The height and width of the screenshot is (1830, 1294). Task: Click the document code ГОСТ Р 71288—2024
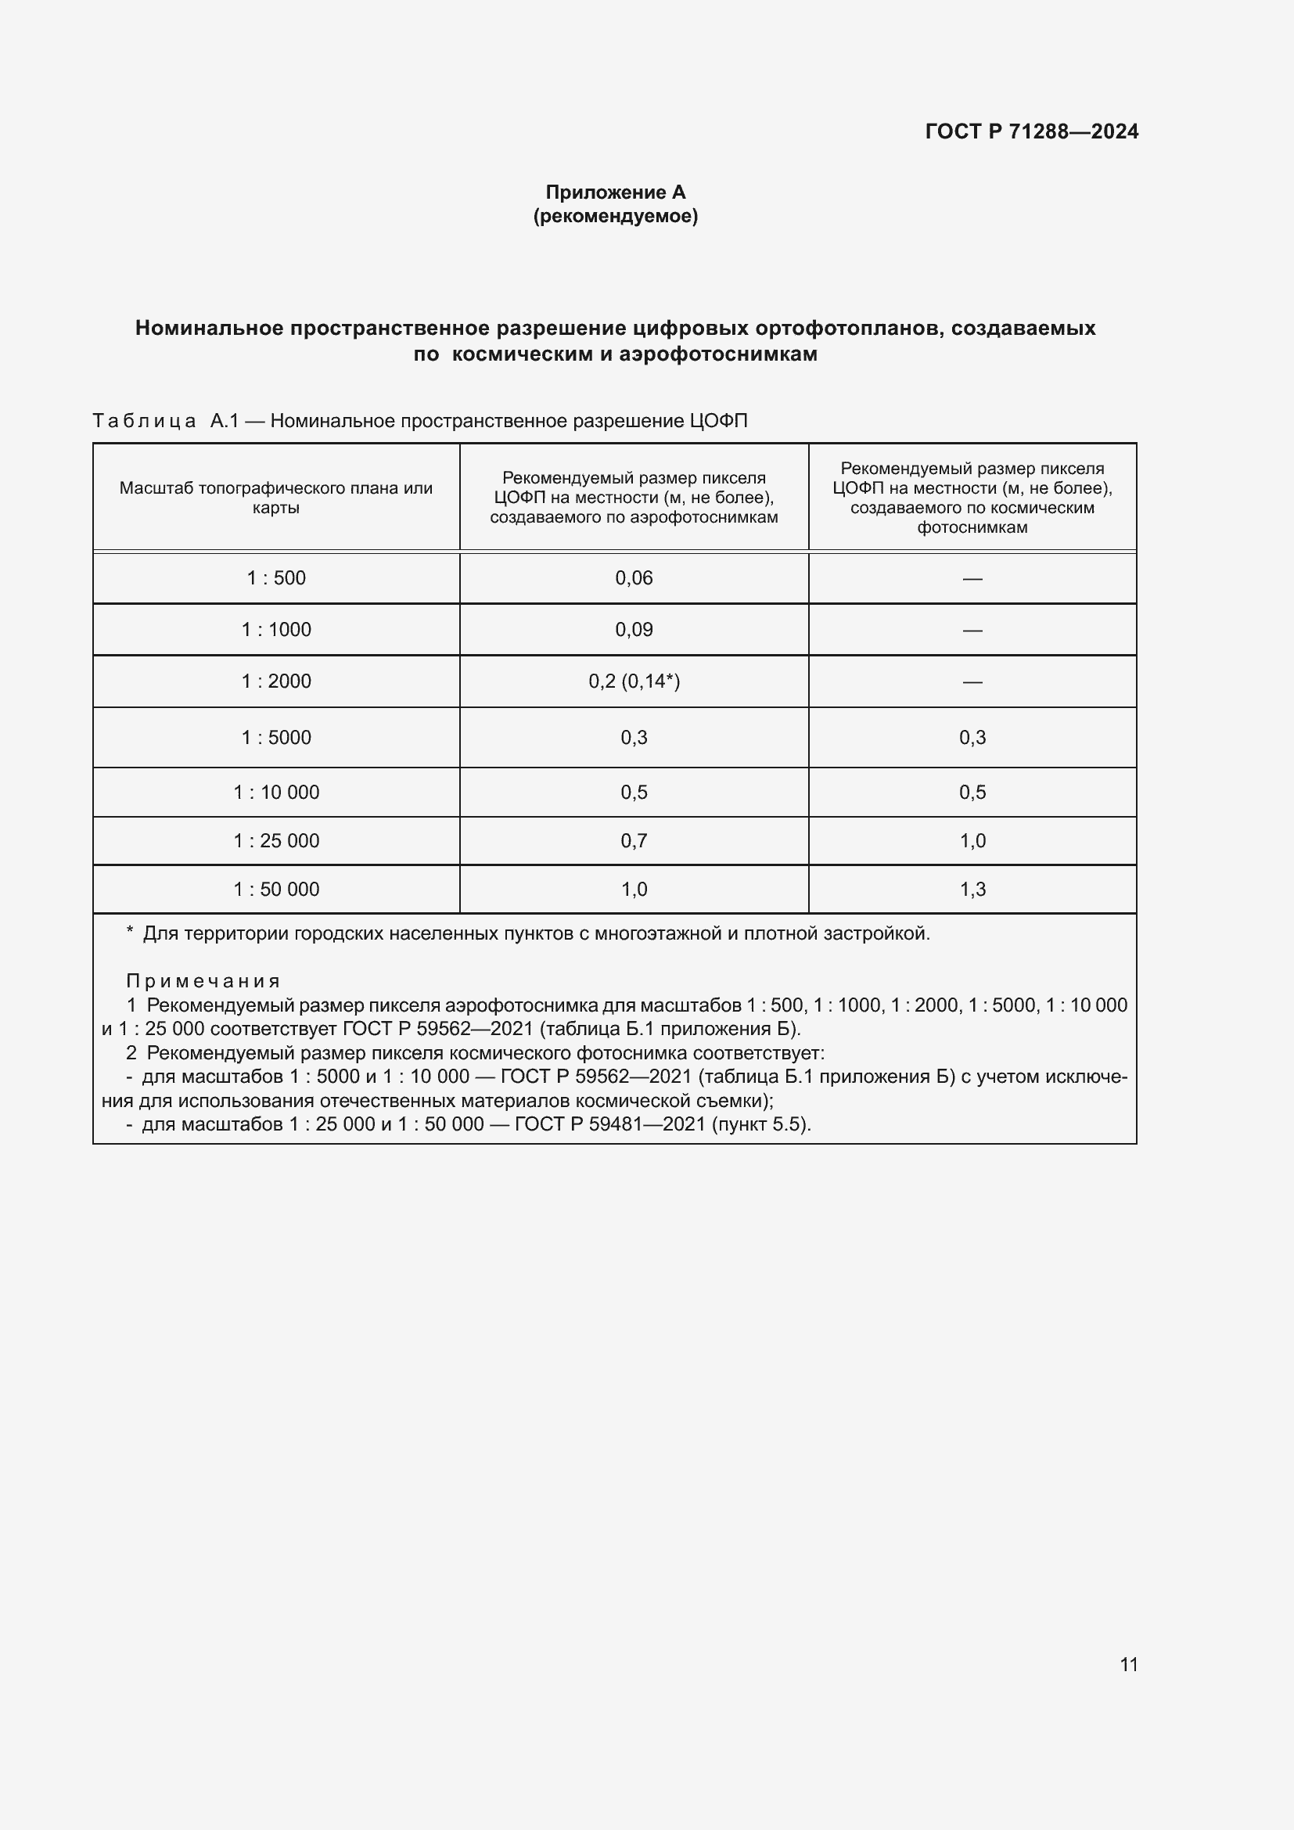click(1031, 131)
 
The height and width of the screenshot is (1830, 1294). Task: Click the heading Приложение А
click(615, 192)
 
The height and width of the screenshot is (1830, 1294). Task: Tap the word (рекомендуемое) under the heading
click(615, 216)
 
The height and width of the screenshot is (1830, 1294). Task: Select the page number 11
click(1128, 1664)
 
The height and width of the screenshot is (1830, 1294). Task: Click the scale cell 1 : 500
click(275, 578)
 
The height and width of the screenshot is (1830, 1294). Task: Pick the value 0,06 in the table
click(634, 578)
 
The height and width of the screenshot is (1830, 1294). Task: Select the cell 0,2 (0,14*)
click(634, 681)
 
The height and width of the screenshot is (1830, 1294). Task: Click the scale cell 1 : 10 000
click(275, 793)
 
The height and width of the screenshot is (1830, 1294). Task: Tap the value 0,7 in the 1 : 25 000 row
click(634, 841)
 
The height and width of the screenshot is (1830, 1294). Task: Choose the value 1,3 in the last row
click(972, 890)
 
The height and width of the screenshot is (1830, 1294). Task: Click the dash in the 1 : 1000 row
click(972, 631)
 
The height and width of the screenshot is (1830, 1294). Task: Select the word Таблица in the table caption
click(144, 421)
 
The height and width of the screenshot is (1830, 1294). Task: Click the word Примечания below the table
click(203, 981)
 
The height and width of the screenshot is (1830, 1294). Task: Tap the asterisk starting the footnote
click(130, 931)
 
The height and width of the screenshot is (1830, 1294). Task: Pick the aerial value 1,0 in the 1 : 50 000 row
click(634, 890)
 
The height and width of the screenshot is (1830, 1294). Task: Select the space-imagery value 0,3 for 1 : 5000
click(972, 737)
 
